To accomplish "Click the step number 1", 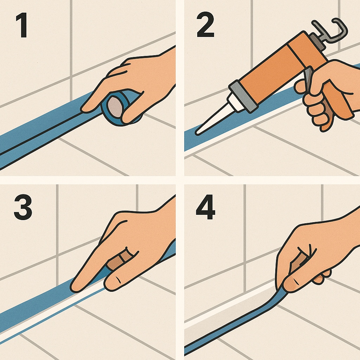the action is click(x=22, y=25).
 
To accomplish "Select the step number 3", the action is click(x=23, y=207).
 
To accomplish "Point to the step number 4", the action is click(x=205, y=207).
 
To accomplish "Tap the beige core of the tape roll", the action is click(x=115, y=107).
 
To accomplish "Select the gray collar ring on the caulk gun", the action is click(x=243, y=96).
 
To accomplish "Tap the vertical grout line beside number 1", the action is click(x=71, y=51).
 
